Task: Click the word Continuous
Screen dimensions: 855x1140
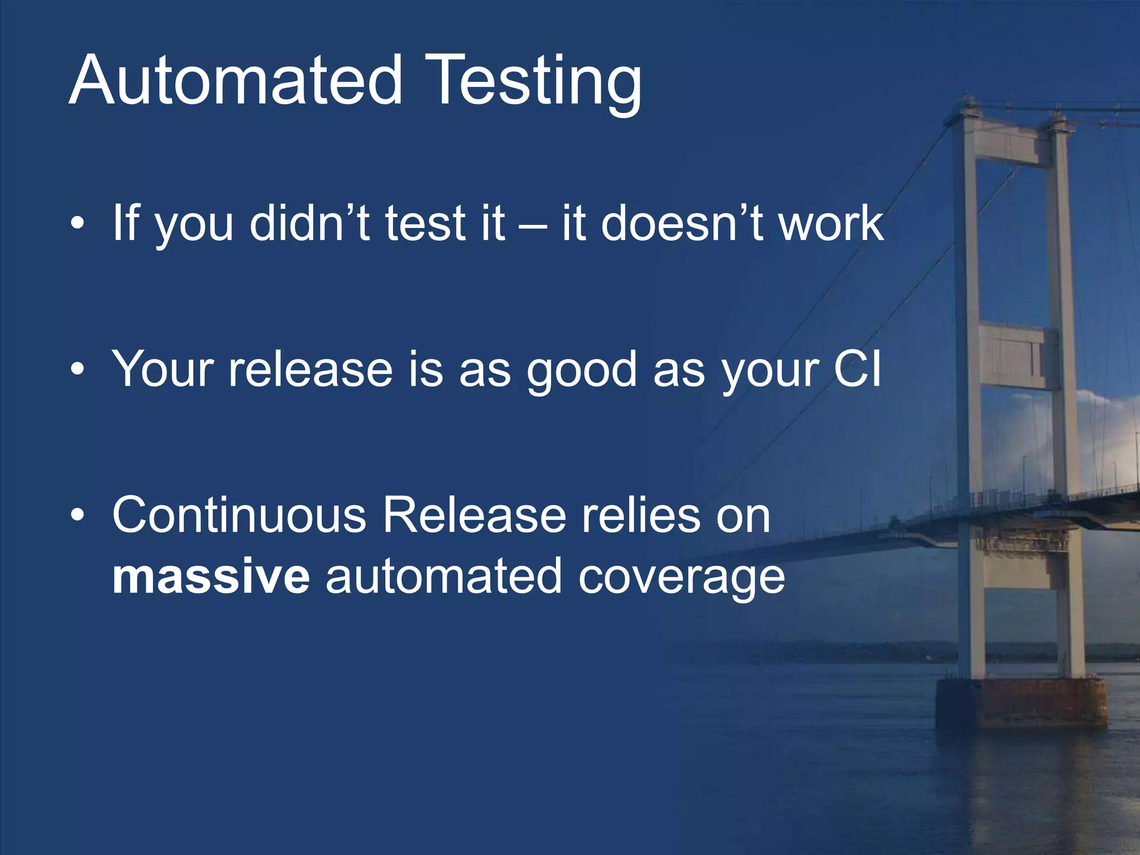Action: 239,515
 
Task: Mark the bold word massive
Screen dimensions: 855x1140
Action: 210,577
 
